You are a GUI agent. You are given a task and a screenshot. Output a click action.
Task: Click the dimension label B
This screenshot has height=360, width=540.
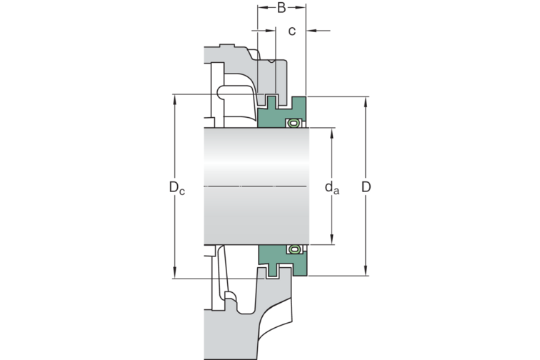[281, 8]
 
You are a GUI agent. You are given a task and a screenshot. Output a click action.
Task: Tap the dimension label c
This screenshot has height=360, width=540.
[291, 31]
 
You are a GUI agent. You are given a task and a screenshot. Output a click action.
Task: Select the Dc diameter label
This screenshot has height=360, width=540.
[177, 187]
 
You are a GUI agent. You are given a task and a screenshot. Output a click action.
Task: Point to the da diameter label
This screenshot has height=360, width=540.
[332, 188]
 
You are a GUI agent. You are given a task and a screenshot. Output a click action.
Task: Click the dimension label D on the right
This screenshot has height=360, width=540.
[366, 186]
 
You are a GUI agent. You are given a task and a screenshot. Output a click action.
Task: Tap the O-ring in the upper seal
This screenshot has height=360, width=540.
[294, 123]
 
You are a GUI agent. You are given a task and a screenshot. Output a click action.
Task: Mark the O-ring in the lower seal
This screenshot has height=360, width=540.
[294, 249]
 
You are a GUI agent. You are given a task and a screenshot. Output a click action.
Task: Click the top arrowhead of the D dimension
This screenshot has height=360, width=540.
[366, 101]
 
